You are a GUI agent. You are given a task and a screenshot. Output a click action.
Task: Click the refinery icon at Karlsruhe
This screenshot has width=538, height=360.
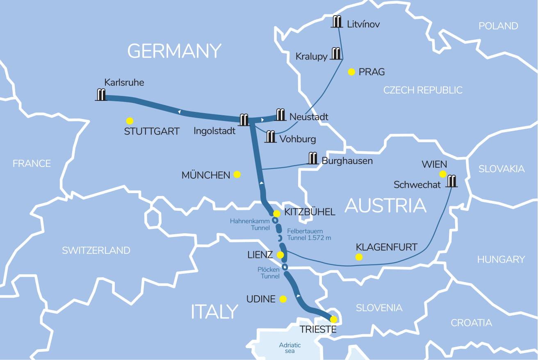point(101,95)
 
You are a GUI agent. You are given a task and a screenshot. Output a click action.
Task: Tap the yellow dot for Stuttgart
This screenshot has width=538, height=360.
point(130,121)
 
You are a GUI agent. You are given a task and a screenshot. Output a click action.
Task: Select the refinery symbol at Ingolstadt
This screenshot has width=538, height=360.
point(244,120)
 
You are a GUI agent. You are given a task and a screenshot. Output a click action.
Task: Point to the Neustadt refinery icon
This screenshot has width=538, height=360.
point(280,115)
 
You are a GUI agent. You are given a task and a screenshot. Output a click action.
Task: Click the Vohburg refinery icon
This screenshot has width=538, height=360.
point(270,137)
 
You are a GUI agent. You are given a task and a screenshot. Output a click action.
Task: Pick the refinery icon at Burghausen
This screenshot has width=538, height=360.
point(313,158)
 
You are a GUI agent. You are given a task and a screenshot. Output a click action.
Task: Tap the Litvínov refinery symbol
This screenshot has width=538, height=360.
point(337,22)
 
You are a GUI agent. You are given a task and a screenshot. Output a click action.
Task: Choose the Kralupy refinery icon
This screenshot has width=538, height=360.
point(336,53)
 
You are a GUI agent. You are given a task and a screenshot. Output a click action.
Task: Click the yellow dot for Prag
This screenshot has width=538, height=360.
point(351,72)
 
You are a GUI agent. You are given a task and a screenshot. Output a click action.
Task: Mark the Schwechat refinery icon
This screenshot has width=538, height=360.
point(452,181)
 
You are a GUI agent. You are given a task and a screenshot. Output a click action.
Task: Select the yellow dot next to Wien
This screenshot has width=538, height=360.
point(443,174)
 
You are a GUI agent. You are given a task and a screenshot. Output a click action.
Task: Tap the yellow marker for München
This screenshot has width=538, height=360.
point(237,175)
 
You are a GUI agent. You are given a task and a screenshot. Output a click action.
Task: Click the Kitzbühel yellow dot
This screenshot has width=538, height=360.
point(277,214)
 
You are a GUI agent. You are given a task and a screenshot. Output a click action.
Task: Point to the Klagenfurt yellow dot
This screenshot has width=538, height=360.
point(359,257)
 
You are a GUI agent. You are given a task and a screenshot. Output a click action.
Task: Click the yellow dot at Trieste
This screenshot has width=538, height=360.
point(334,319)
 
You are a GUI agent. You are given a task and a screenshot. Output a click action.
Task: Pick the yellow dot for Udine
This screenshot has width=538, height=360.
point(283,299)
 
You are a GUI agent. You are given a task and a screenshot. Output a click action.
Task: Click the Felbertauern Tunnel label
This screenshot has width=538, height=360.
point(309,234)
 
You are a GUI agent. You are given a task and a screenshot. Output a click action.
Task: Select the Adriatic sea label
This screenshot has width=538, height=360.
point(290,348)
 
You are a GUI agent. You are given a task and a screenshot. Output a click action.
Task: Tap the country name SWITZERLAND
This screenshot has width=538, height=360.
point(96,251)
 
